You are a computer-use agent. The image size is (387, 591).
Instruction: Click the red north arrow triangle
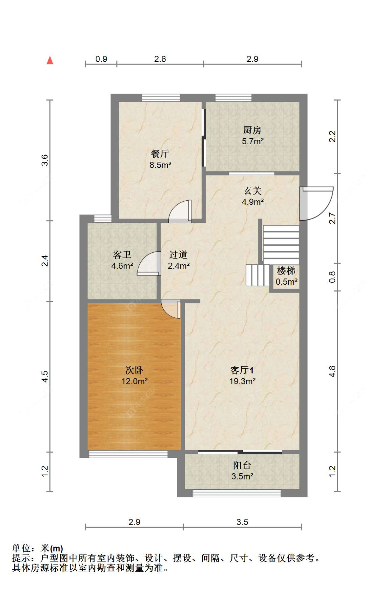click(x=50, y=60)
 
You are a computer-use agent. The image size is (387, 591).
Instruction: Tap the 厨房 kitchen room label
click(x=252, y=130)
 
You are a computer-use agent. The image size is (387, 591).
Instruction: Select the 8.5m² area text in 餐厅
click(x=160, y=165)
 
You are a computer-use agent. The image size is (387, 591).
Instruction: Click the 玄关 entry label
click(x=252, y=190)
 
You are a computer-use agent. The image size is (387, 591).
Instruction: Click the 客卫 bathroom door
click(x=149, y=264)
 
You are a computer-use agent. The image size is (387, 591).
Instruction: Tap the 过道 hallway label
click(x=178, y=255)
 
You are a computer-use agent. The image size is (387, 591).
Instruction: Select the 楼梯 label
click(x=286, y=271)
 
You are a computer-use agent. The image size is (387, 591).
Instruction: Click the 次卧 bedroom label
click(x=134, y=370)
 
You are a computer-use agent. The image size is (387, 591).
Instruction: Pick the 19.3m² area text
click(x=242, y=381)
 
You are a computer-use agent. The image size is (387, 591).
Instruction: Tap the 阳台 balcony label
click(x=242, y=465)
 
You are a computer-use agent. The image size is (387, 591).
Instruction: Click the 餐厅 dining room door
click(x=180, y=211)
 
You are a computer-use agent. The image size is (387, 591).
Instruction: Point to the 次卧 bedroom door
click(x=171, y=309)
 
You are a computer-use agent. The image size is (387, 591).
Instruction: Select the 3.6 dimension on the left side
click(x=45, y=160)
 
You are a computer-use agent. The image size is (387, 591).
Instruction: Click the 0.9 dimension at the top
click(x=101, y=59)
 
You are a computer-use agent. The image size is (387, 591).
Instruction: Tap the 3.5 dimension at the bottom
click(x=242, y=522)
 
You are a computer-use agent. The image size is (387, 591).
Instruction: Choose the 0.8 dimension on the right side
click(x=332, y=277)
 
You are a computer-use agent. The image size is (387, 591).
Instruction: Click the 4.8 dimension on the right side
click(x=332, y=371)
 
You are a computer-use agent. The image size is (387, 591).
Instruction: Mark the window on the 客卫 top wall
click(x=103, y=218)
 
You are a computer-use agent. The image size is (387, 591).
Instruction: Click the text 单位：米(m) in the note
click(x=37, y=548)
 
